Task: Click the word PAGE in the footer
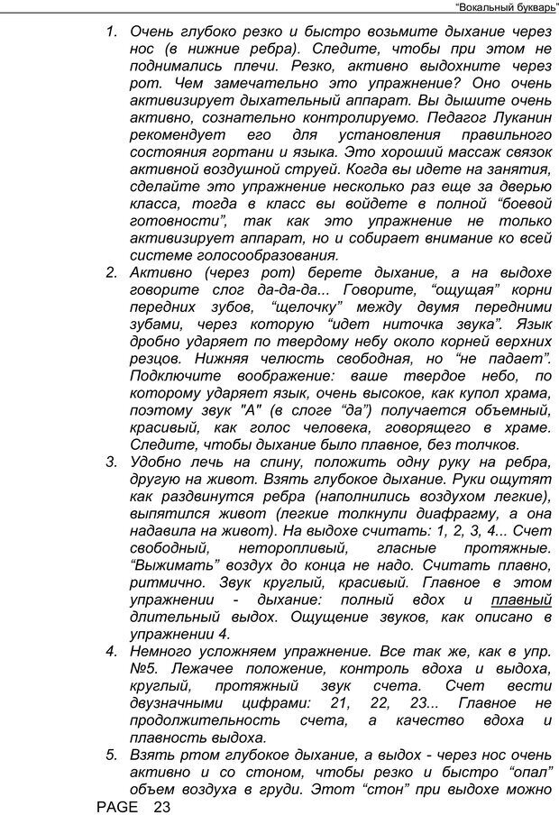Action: coord(117,806)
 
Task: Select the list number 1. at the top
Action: coord(112,32)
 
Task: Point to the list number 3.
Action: coord(112,461)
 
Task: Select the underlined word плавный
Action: coord(520,600)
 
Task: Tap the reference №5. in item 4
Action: coord(147,668)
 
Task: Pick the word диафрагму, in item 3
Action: coord(473,514)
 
